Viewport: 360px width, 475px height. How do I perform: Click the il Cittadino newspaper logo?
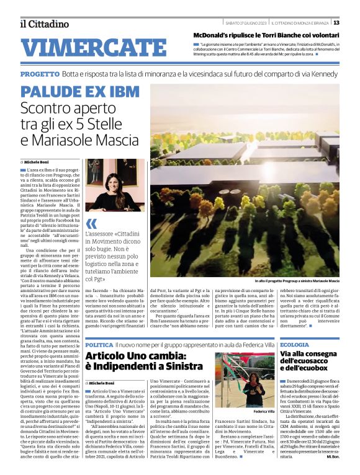[44, 24]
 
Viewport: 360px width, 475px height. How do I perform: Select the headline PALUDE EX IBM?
[80, 92]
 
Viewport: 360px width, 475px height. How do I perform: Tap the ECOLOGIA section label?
[295, 344]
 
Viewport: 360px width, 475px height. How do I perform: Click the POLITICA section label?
[99, 344]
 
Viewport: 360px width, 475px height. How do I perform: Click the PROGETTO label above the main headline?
[39, 74]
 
